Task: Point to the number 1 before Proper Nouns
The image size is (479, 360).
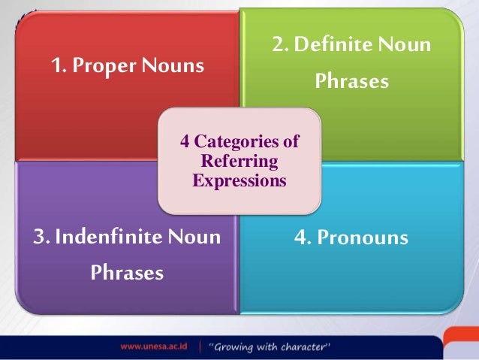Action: coord(56,67)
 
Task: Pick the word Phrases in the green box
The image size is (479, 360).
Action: coord(352,80)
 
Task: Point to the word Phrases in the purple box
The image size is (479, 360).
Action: coord(127,272)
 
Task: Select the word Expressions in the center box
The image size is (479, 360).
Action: coord(239,180)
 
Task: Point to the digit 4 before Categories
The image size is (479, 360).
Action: coord(186,142)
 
